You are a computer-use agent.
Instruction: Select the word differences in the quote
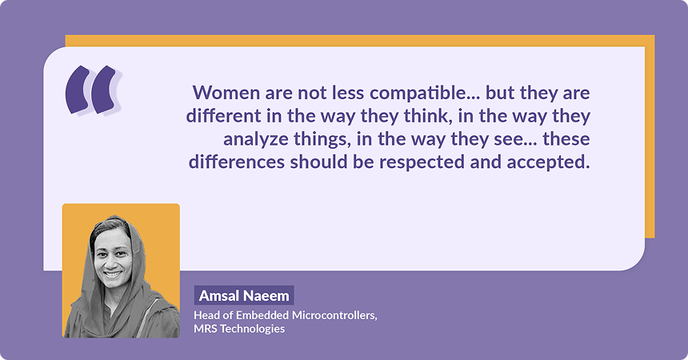(234, 162)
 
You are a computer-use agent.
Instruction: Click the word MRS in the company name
(205, 329)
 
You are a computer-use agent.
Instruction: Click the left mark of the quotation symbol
(77, 89)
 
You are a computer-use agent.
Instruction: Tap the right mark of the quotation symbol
(104, 89)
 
